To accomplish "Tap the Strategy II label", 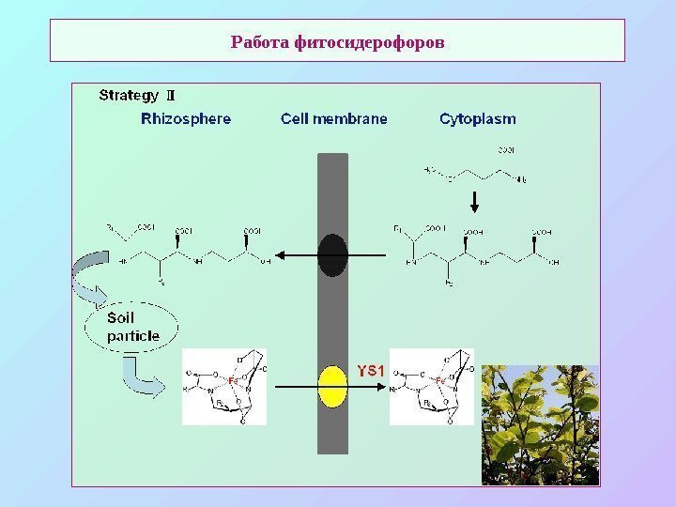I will [x=137, y=95].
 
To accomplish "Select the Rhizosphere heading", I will [x=186, y=119].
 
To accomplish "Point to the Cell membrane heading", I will [x=333, y=119].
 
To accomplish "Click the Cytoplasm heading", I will [x=477, y=119].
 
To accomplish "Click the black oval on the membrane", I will [x=332, y=255].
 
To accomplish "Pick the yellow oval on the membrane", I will [x=332, y=387].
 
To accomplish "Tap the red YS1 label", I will [x=372, y=370].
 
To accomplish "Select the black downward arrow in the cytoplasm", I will [x=475, y=202].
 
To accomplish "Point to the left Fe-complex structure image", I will [x=224, y=387].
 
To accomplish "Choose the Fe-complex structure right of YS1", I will [x=432, y=387].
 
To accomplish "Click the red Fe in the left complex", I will [x=231, y=380].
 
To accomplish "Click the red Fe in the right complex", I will [x=438, y=380].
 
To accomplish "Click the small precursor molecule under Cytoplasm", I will [x=475, y=170].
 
